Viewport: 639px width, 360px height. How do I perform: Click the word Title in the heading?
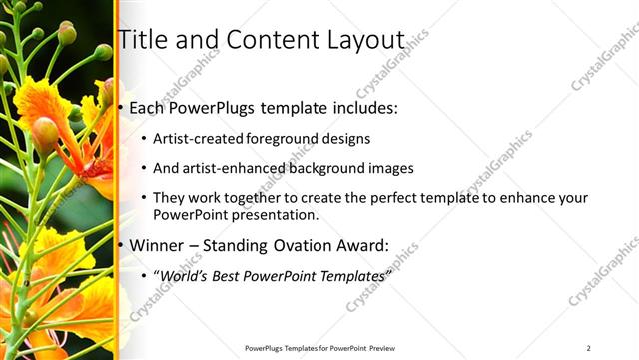pos(141,40)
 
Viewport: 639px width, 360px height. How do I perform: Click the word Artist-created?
pos(194,139)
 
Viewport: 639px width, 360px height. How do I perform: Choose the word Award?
pos(363,244)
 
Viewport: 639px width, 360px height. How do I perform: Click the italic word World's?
pos(183,274)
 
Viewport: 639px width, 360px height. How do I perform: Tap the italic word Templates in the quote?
pos(350,274)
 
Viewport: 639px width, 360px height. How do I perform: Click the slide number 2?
pos(588,348)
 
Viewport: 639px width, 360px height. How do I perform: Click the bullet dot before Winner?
pos(121,245)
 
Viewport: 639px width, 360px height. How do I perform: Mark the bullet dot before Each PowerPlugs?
pos(121,106)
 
